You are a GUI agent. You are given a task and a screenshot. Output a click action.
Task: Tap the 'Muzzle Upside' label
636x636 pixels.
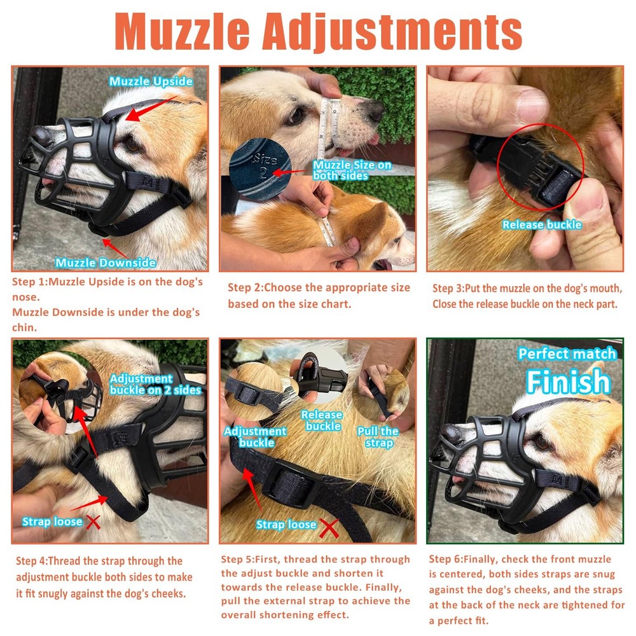150,81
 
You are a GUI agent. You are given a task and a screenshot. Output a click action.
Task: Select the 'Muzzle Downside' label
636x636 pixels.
106,263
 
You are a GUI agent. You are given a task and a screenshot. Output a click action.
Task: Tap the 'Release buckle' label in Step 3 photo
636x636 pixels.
542,225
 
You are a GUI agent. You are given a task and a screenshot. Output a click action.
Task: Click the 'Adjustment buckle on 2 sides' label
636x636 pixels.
156,384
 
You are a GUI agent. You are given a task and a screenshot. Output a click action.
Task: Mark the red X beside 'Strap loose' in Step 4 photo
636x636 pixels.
93,522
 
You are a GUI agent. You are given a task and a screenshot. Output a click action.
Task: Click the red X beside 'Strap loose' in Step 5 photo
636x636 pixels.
328,527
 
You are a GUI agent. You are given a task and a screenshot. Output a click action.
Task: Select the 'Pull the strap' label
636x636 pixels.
378,436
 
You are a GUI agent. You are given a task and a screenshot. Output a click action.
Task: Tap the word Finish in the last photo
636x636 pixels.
567,382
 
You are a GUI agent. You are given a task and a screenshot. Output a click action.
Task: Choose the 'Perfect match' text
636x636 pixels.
567,354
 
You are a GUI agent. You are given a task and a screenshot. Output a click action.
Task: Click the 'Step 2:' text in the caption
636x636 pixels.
243,288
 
